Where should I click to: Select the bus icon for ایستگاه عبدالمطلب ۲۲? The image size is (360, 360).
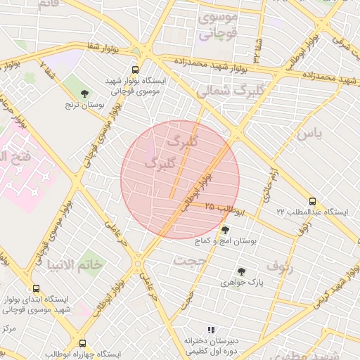point(312,201)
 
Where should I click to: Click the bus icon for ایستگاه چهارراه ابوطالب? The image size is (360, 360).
point(83,344)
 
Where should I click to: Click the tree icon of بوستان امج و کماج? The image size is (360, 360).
point(225,230)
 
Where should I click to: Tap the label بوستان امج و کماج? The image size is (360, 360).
point(224,241)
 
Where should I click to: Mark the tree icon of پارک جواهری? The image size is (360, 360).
point(241,271)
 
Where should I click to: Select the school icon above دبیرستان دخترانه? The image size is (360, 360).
point(210,330)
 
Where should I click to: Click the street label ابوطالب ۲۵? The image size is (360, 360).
point(225,208)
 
